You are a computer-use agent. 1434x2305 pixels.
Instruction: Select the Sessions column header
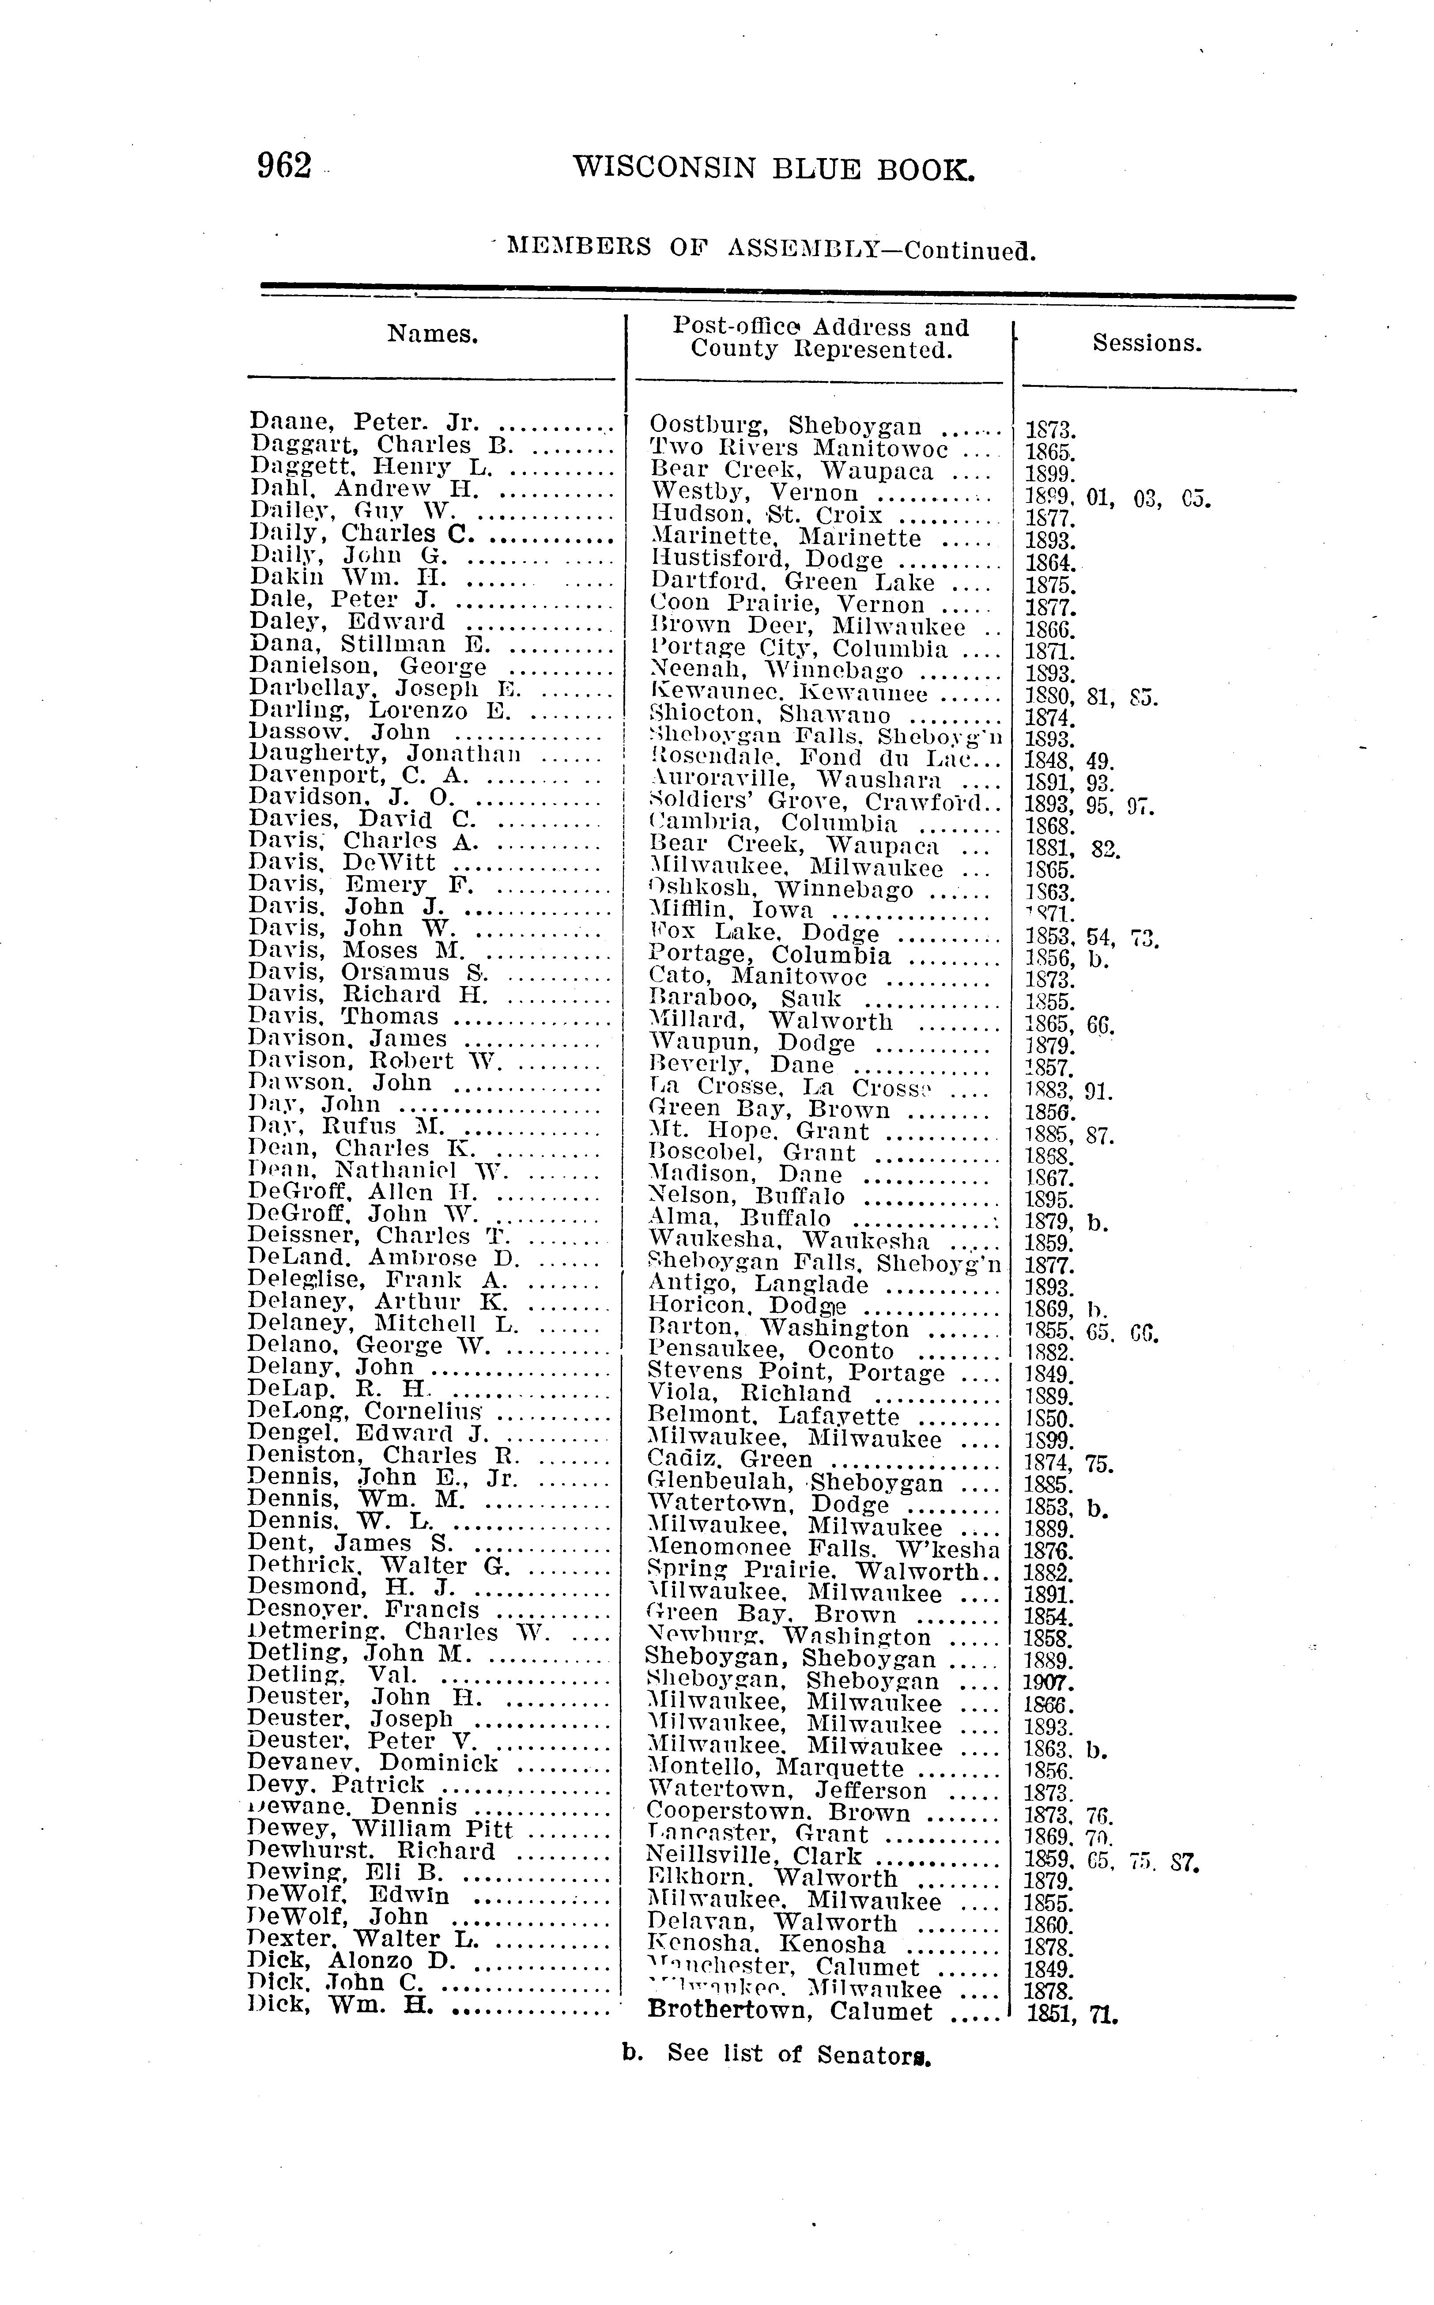coord(1147,344)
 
